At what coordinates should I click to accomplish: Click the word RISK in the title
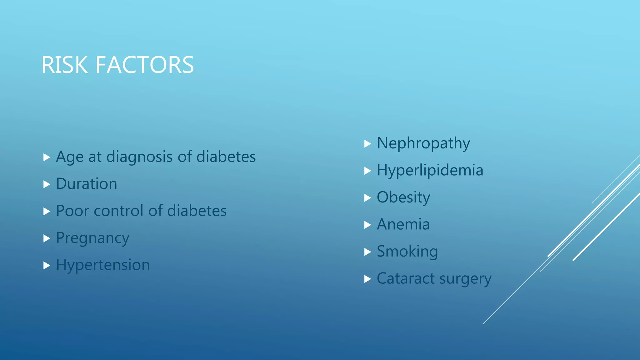pos(64,65)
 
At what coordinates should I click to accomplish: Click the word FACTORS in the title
pos(144,65)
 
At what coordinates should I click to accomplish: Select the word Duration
pos(87,184)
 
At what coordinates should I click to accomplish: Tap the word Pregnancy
pos(92,238)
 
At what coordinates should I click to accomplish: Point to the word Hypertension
pos(103,265)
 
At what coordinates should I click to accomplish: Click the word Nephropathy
pos(423,144)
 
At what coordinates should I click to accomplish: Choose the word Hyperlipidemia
pos(430,171)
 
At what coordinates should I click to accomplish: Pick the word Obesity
pos(403,198)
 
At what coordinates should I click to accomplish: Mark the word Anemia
pos(403,225)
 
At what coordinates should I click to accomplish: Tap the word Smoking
pos(407,252)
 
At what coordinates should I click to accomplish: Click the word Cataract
pos(406,278)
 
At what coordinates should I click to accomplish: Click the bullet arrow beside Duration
pos(47,184)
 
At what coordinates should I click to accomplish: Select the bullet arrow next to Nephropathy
pos(367,144)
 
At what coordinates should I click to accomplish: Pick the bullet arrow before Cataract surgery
pos(367,279)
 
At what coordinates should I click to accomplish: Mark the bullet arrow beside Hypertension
pos(47,265)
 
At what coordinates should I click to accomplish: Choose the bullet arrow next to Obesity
pos(367,198)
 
